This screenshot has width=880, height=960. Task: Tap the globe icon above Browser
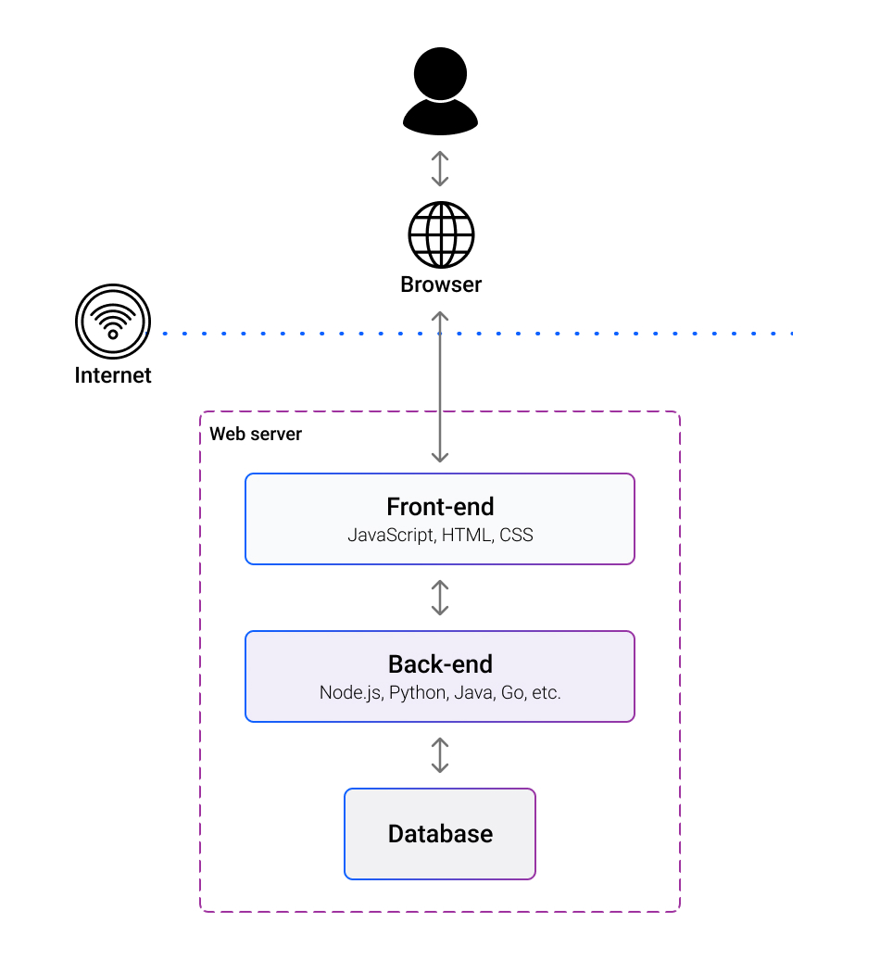(441, 235)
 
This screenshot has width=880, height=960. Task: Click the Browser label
(441, 284)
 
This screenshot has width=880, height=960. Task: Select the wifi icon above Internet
(113, 322)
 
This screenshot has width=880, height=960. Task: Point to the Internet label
(113, 375)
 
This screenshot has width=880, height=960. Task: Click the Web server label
(256, 434)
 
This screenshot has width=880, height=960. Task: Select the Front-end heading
(440, 507)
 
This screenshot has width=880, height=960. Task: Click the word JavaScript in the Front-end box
(390, 535)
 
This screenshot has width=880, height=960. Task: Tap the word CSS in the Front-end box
(516, 535)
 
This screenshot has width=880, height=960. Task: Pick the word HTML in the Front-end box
(468, 535)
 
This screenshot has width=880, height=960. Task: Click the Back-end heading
(440, 664)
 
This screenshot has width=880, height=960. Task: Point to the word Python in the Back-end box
(417, 692)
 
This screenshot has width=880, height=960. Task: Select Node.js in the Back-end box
(349, 692)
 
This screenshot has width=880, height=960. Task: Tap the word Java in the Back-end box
(472, 692)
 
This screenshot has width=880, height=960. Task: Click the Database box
(440, 833)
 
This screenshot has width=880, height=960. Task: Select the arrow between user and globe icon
(440, 169)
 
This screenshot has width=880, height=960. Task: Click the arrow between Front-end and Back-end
(440, 598)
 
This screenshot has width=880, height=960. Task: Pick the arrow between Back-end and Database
(440, 755)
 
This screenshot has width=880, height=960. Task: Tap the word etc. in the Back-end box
(545, 692)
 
